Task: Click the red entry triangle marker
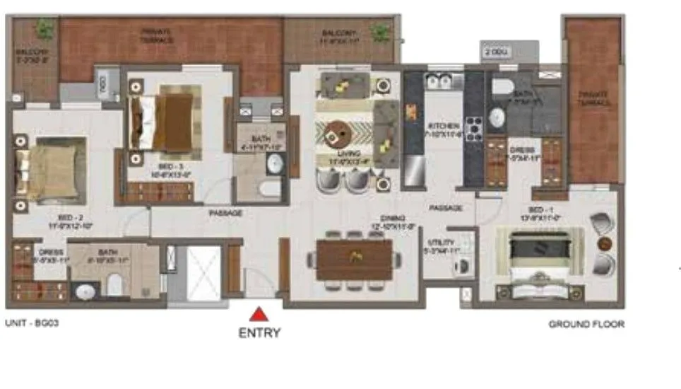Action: click(259, 314)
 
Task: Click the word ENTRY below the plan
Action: click(259, 332)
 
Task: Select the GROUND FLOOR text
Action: click(586, 324)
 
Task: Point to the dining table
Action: click(354, 260)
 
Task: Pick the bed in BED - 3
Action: click(166, 119)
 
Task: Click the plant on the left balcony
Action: click(45, 29)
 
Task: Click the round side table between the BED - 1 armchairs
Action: click(603, 244)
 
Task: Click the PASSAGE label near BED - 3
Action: click(225, 212)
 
